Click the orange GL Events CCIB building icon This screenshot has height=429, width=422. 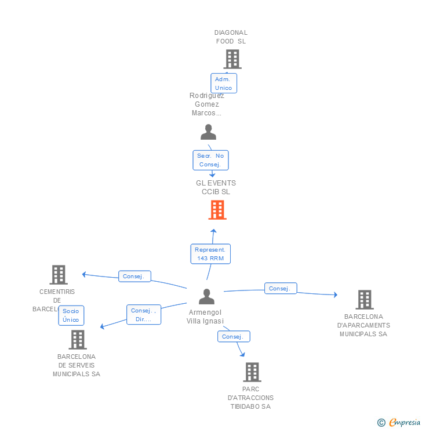click(x=217, y=210)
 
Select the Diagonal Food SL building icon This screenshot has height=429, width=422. click(x=232, y=59)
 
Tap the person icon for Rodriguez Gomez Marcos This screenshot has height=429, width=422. click(x=208, y=132)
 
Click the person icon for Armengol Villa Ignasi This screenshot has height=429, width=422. click(x=206, y=296)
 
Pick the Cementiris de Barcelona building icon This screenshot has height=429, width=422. click(x=59, y=274)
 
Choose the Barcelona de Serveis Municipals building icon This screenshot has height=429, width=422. click(x=77, y=340)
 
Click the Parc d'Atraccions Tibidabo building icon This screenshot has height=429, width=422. click(x=252, y=372)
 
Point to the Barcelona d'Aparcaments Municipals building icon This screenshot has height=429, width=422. click(x=364, y=299)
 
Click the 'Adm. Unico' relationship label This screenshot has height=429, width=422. click(x=223, y=83)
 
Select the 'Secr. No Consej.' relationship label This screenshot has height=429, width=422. click(x=210, y=160)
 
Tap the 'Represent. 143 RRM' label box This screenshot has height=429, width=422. click(x=210, y=253)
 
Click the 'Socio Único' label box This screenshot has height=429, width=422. click(x=71, y=315)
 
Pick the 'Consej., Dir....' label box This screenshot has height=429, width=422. click(x=144, y=314)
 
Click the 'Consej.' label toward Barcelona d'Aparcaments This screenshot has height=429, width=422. click(x=281, y=288)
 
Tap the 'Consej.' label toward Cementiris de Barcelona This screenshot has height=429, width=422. click(x=134, y=277)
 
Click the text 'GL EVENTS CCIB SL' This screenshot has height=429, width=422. click(x=216, y=187)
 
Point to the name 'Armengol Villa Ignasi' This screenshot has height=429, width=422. click(x=206, y=317)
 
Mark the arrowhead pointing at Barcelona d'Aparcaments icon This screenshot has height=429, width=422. click(x=334, y=295)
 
